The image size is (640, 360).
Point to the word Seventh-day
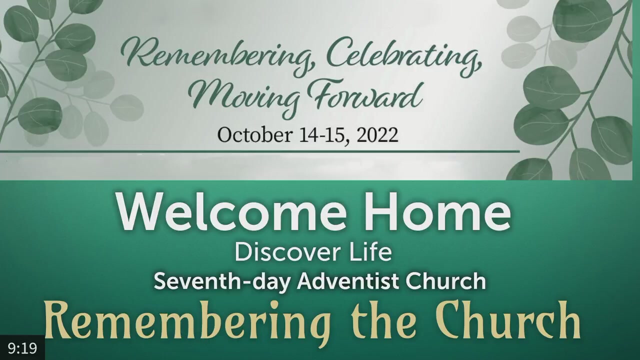tap(222, 281)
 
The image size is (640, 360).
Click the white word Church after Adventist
tap(446, 281)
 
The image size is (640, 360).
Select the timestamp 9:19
tap(22, 347)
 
